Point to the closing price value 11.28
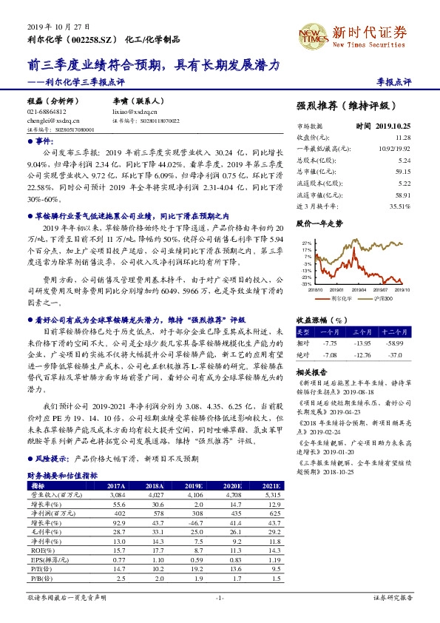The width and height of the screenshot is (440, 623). (x=402, y=137)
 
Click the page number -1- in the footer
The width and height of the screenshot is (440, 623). (x=220, y=596)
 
